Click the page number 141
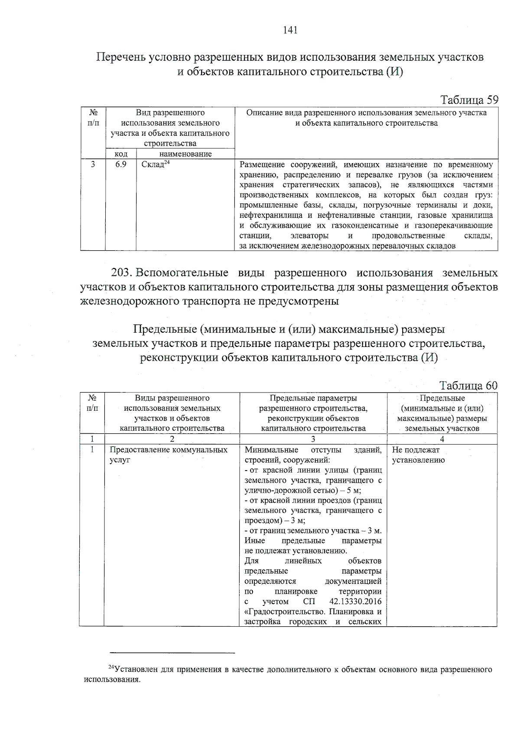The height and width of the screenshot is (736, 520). pos(290,30)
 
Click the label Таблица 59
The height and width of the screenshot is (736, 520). pos(469,100)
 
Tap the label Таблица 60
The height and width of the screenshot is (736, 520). pos(468,385)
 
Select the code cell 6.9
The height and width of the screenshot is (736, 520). pos(121,164)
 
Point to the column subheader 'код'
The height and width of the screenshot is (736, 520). pos(121,154)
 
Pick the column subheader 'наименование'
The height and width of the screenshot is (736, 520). pos(185,154)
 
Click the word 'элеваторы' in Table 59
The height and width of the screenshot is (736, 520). pos(309,236)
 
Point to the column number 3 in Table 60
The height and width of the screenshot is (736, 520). pos(313,439)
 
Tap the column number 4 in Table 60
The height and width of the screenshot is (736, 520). pos(442,439)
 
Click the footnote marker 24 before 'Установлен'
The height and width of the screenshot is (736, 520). pos(111,667)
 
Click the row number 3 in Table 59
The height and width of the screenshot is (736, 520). pos(92,164)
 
